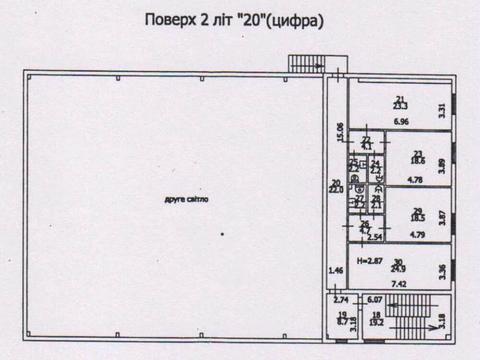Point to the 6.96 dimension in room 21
(401, 121)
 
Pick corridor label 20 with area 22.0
(336, 186)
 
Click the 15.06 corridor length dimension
(340, 130)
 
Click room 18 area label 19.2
(376, 320)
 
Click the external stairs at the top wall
(304, 63)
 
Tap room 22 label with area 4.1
(366, 143)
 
